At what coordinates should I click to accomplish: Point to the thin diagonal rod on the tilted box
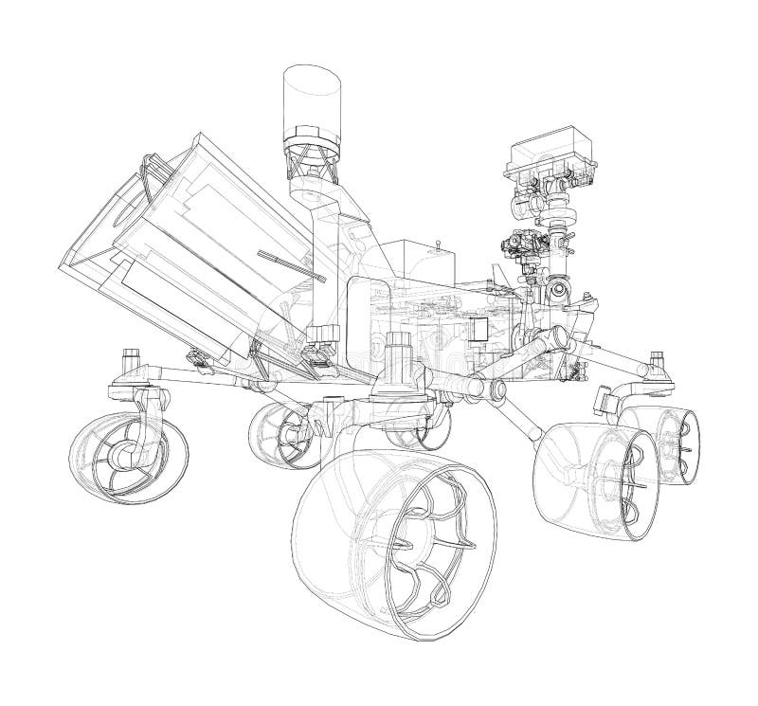[292, 266]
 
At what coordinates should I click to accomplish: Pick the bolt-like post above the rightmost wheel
[657, 362]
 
